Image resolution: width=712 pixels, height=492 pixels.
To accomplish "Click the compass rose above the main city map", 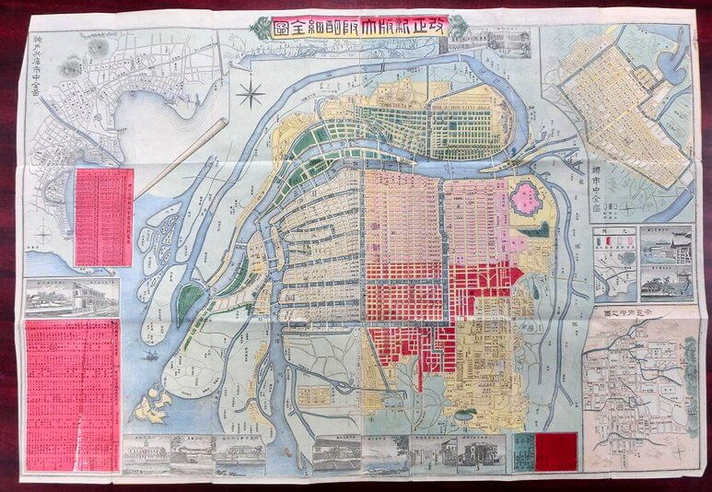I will pyautogui.click(x=251, y=92).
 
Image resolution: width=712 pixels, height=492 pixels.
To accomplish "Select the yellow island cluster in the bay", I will pyautogui.click(x=151, y=406).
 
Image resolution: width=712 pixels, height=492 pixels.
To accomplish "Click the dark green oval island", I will pyautogui.click(x=189, y=301).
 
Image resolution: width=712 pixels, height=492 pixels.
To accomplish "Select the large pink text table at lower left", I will pyautogui.click(x=73, y=382).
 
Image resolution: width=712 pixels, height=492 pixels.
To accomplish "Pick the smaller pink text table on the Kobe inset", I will pyautogui.click(x=103, y=217).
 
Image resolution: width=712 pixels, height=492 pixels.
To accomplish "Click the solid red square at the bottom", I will pyautogui.click(x=555, y=452).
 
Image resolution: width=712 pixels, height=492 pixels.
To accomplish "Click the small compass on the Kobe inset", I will pyautogui.click(x=43, y=237).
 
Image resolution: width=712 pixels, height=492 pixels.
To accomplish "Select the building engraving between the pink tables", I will pyautogui.click(x=71, y=296).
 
